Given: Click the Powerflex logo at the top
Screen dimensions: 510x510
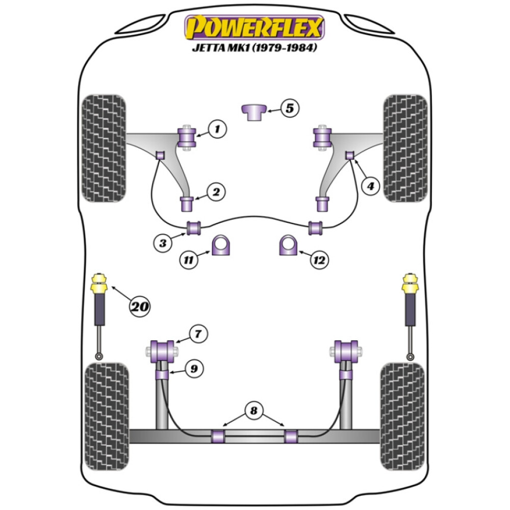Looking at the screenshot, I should [254, 28].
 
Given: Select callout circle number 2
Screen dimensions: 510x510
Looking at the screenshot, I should [216, 192].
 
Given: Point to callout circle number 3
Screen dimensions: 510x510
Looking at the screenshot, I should [163, 243].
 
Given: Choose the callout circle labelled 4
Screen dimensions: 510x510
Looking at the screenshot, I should [370, 187].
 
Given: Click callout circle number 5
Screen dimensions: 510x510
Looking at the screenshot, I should [289, 108].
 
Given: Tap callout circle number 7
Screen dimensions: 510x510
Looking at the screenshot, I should [197, 335].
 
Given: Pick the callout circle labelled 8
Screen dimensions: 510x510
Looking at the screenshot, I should [253, 411].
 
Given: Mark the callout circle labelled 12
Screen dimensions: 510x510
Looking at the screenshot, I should [319, 260].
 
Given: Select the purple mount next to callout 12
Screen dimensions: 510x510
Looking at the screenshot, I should [289, 245].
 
